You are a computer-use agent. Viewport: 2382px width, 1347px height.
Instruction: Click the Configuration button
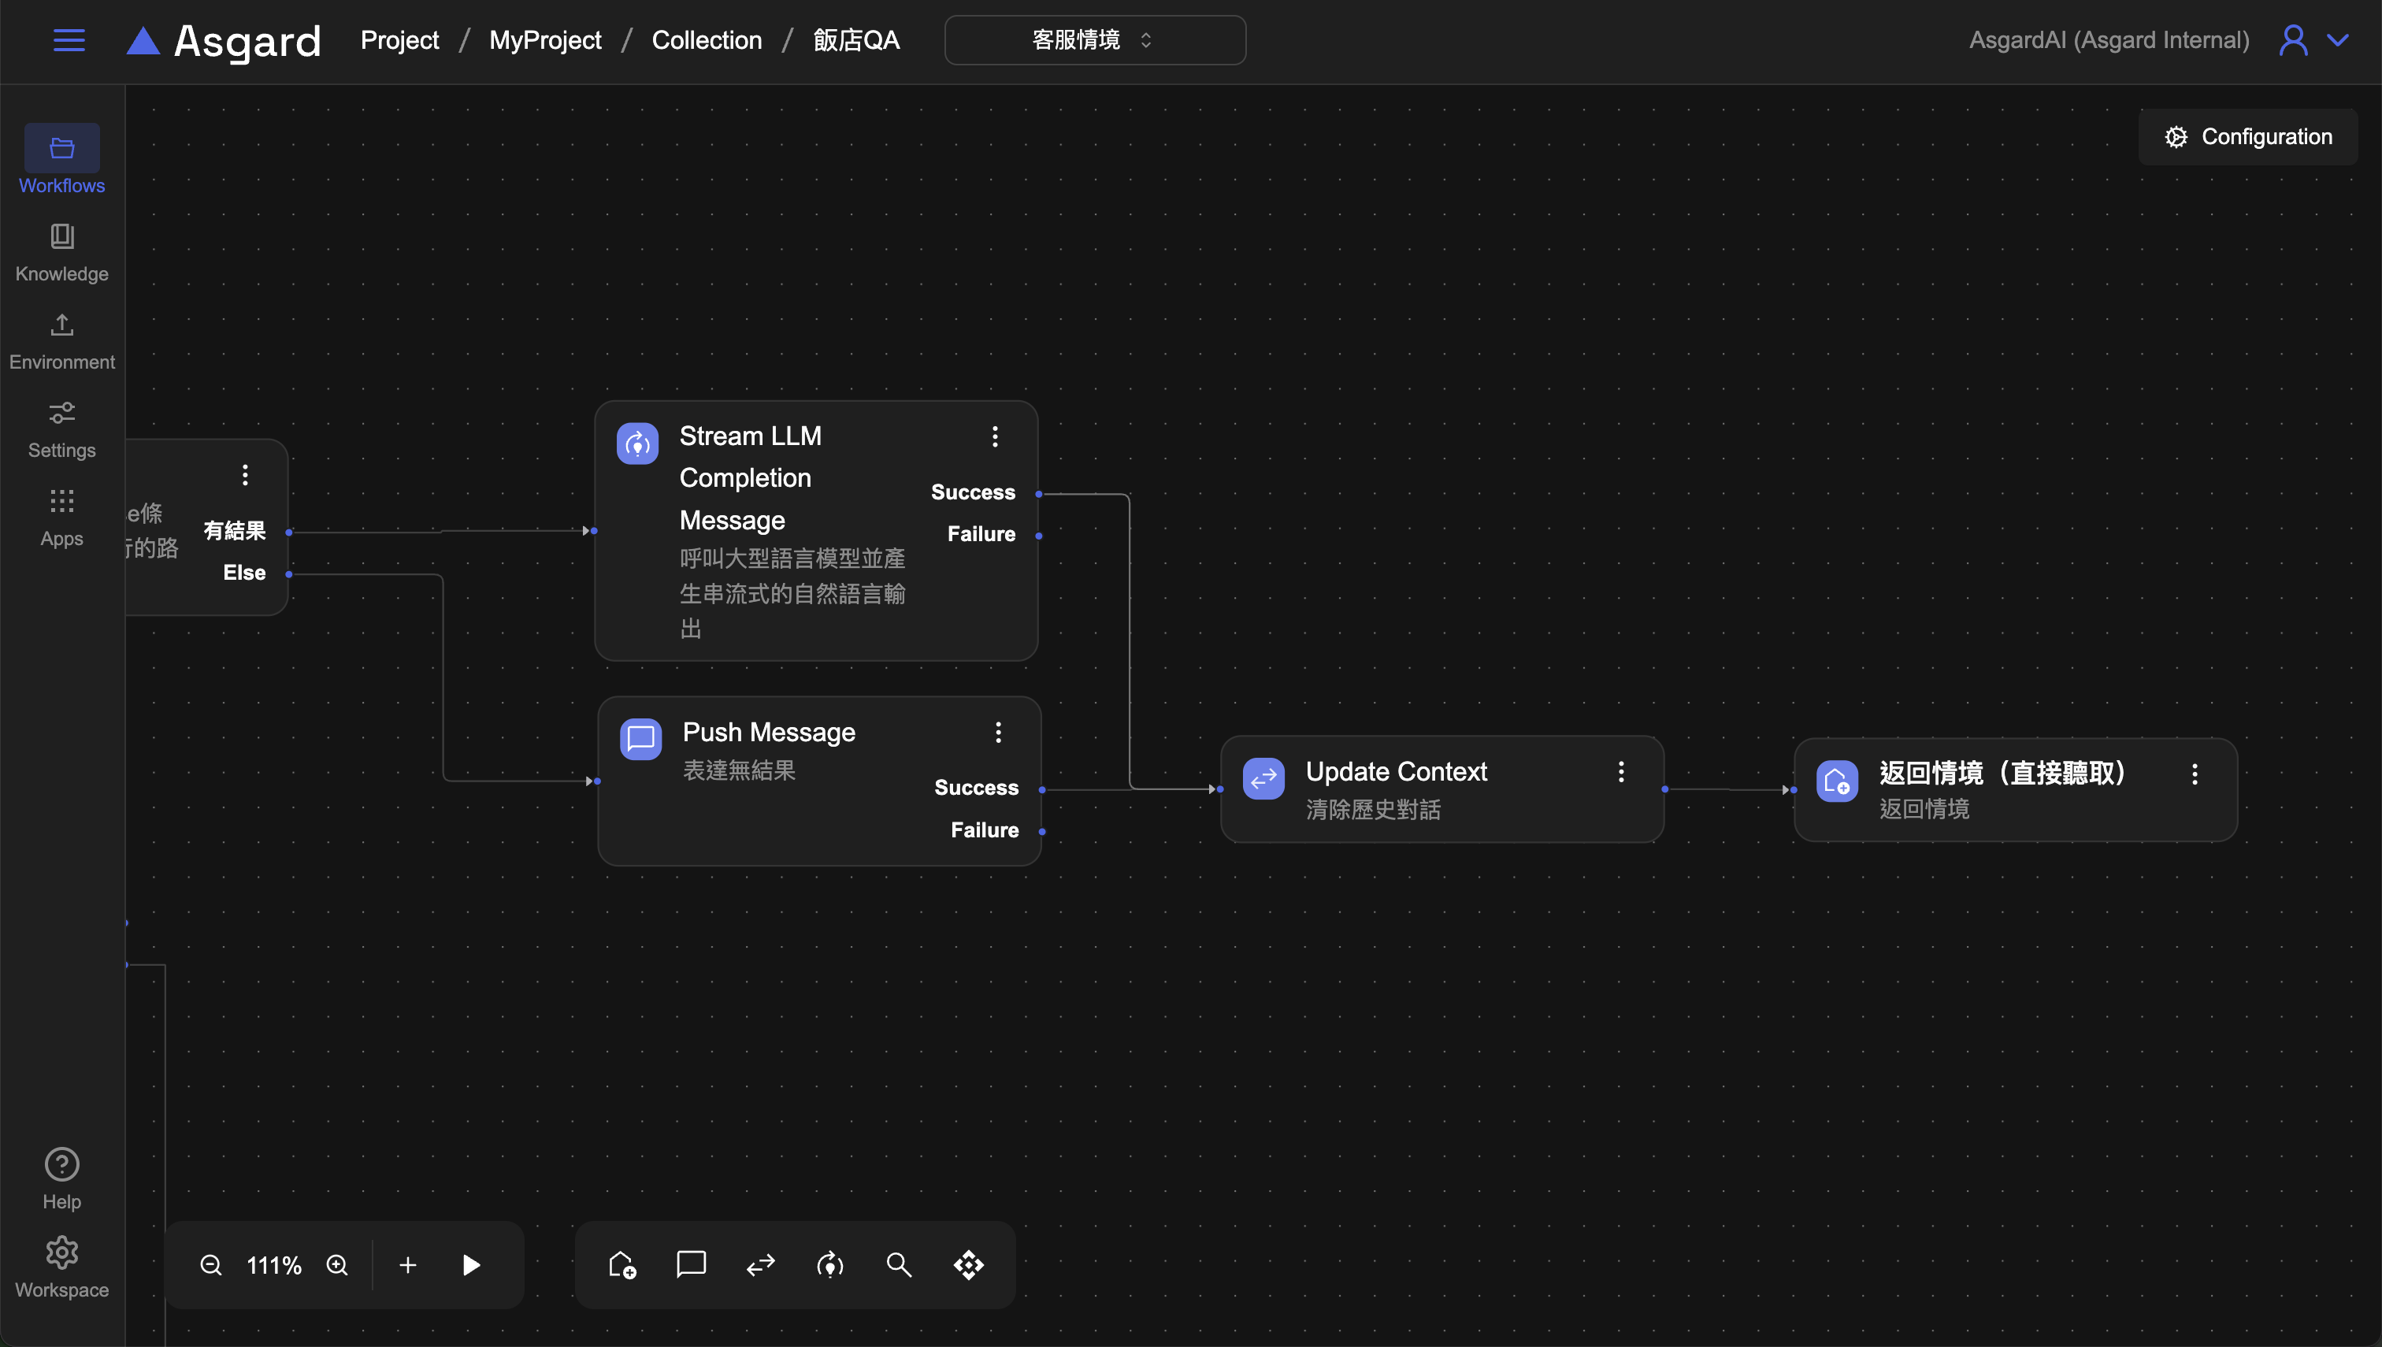(2247, 137)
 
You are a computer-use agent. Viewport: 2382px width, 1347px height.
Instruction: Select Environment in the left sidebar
(62, 340)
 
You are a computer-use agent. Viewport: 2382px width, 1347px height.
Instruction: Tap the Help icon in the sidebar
(62, 1165)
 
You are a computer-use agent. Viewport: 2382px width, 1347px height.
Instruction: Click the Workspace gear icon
(62, 1252)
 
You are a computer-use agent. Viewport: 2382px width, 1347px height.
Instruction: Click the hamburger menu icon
(69, 40)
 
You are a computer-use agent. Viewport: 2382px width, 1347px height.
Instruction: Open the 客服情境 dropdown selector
(1094, 40)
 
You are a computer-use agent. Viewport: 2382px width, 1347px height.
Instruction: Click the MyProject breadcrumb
(545, 40)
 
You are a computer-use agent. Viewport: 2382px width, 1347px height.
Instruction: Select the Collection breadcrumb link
(707, 40)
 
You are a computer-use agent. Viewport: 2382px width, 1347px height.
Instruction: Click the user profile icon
(2293, 40)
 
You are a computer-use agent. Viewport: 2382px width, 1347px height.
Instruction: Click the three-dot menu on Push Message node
(998, 733)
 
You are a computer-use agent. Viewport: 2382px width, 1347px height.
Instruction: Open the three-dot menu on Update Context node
(1620, 773)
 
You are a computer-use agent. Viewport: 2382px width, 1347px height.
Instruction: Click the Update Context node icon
(1263, 780)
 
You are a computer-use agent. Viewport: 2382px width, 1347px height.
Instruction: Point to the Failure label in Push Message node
(985, 829)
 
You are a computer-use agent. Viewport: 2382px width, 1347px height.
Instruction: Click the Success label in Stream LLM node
(972, 492)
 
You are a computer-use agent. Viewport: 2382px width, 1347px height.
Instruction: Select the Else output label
(244, 573)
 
